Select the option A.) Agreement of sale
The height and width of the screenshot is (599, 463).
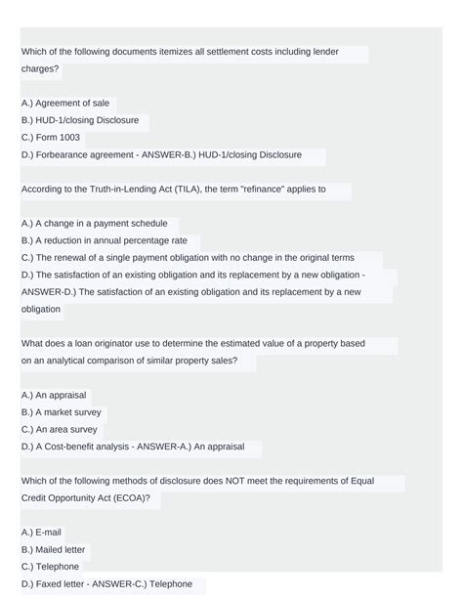[64, 103]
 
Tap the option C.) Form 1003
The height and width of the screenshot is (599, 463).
[50, 138]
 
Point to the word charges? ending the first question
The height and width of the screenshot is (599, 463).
[41, 70]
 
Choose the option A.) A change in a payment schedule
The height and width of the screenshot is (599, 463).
[94, 224]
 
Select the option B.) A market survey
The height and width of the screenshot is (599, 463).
[61, 412]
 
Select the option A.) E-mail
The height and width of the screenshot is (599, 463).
[42, 533]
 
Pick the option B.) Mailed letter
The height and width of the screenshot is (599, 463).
[54, 550]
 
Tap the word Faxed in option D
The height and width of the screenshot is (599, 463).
[48, 584]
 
